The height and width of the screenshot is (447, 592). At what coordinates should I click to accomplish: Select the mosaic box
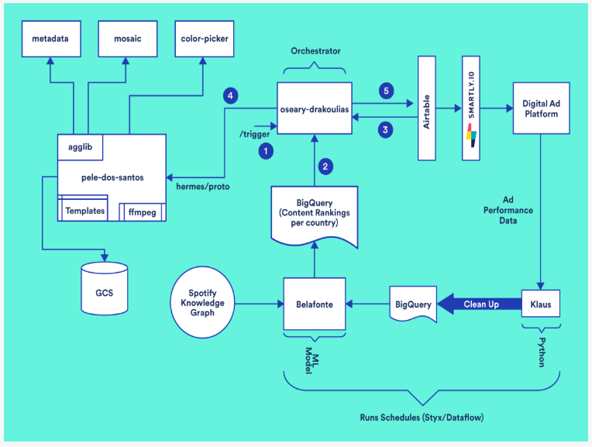coord(127,38)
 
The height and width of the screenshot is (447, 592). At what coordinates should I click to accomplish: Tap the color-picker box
coord(203,38)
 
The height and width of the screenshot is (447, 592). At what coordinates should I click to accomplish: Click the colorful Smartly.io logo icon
coord(471,135)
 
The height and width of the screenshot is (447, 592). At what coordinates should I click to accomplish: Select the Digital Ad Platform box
coord(539,108)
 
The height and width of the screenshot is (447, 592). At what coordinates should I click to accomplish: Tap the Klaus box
coord(541,304)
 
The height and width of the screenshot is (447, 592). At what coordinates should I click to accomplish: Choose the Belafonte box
coord(314,304)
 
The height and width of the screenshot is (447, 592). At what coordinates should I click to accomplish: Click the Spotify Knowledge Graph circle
coord(203,303)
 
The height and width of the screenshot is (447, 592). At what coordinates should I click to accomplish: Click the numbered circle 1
coord(266,152)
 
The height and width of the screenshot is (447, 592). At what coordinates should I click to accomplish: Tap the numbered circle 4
coord(229,96)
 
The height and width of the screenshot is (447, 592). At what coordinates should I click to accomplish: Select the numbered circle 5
coord(386,91)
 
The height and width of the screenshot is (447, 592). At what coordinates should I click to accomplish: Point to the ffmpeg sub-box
coord(141,210)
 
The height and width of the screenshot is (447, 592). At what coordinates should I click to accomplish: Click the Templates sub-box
coord(84,210)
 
